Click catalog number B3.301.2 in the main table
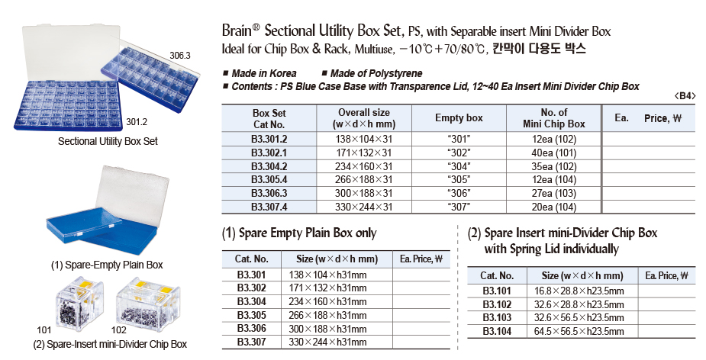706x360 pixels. tap(269, 139)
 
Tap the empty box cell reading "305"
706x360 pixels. tap(459, 180)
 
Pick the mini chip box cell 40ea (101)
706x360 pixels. tap(553, 153)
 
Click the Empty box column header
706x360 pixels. tap(459, 118)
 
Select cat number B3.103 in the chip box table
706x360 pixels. tap(498, 317)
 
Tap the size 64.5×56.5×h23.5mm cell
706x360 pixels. tap(579, 331)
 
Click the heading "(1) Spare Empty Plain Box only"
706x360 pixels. tap(299, 233)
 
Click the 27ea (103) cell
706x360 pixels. tap(553, 194)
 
